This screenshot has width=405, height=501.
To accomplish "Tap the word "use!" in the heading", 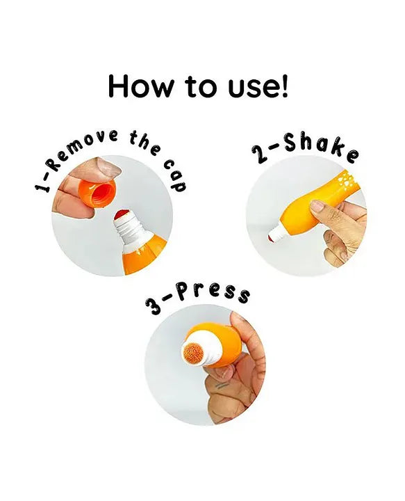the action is [258, 86].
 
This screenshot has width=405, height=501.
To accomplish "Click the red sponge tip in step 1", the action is [122, 215].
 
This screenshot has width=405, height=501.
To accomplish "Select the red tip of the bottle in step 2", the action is [272, 238].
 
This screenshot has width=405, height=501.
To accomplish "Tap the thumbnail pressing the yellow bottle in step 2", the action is [317, 206].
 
